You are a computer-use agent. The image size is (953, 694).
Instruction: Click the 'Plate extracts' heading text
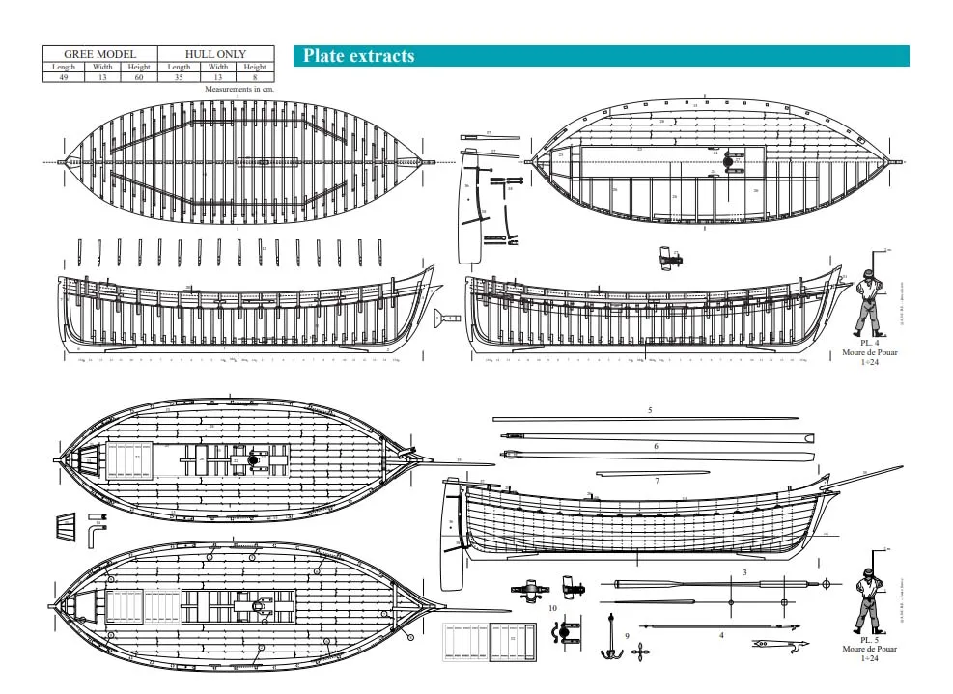click(x=358, y=56)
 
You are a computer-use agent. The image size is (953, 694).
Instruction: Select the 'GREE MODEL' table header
click(x=99, y=54)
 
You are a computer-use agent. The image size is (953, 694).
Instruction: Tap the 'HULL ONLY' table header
click(x=215, y=54)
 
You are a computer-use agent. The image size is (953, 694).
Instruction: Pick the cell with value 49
click(x=64, y=77)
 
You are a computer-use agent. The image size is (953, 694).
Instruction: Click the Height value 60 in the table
click(x=139, y=77)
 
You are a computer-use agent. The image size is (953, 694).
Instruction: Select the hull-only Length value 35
click(x=179, y=77)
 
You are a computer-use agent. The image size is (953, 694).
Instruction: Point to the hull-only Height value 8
click(x=254, y=77)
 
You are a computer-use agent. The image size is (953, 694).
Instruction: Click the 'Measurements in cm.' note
click(x=239, y=88)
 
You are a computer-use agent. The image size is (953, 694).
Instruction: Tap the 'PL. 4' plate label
click(x=870, y=343)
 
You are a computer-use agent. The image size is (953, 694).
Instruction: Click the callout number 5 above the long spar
click(x=650, y=410)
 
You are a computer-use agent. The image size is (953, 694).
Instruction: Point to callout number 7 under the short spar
click(x=657, y=480)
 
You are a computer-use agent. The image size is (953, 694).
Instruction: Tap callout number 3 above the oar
click(x=744, y=572)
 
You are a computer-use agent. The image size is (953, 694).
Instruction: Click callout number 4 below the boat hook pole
click(x=720, y=634)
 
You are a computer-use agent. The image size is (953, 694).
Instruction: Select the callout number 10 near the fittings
click(x=553, y=608)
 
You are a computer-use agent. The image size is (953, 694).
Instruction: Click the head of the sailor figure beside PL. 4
click(x=867, y=276)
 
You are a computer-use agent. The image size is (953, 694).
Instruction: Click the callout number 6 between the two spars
click(x=656, y=446)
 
